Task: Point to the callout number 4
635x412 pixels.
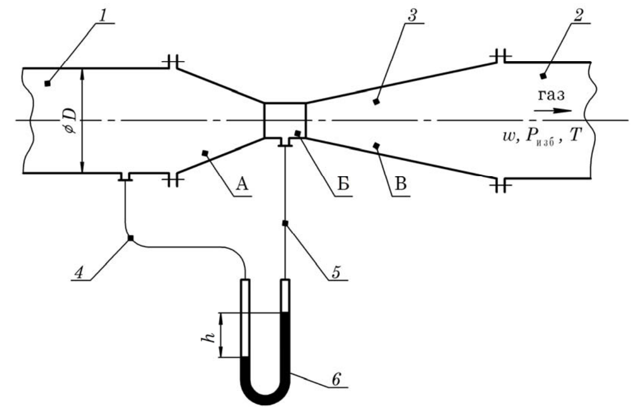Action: pyautogui.click(x=78, y=273)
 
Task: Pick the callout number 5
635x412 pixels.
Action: pyautogui.click(x=336, y=272)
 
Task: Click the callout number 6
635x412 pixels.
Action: pyautogui.click(x=336, y=379)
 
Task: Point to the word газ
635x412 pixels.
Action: pyautogui.click(x=551, y=95)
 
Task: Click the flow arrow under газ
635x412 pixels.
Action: pyautogui.click(x=553, y=111)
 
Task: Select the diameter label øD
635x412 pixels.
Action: pyautogui.click(x=71, y=120)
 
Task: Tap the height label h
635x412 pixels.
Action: pyautogui.click(x=208, y=337)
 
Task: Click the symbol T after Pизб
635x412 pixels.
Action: pyautogui.click(x=575, y=135)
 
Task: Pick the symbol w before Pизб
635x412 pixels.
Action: pyautogui.click(x=509, y=137)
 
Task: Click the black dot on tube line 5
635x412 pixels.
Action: pyautogui.click(x=285, y=223)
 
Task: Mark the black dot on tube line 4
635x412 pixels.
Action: pyautogui.click(x=131, y=238)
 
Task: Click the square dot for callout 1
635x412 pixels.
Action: pyautogui.click(x=48, y=84)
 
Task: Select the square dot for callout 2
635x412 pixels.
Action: pyautogui.click(x=543, y=76)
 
